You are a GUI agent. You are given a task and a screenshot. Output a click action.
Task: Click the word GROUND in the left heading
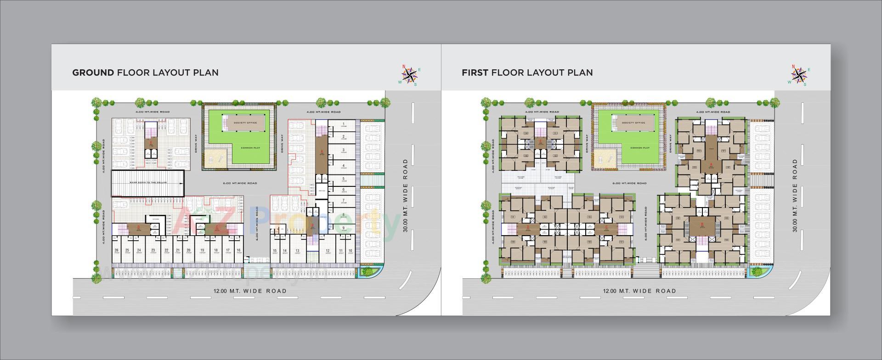pyautogui.click(x=93, y=73)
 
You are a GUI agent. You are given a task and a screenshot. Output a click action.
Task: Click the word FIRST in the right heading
pyautogui.click(x=475, y=73)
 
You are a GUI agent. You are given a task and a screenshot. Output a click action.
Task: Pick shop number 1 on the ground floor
pyautogui.click(x=344, y=125)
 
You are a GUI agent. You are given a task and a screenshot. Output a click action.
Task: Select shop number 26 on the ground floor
pyautogui.click(x=117, y=251)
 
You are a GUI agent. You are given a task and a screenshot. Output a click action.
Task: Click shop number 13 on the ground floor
pyautogui.click(x=298, y=251)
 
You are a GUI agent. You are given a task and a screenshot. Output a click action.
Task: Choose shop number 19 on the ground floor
pyautogui.click(x=202, y=251)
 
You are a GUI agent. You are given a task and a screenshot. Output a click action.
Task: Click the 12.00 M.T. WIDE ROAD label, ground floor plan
pyautogui.click(x=250, y=291)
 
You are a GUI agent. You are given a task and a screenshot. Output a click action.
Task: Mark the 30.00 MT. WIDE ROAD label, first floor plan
pyautogui.click(x=795, y=195)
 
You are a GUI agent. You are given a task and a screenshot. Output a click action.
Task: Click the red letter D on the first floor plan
pyautogui.click(x=528, y=226)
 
